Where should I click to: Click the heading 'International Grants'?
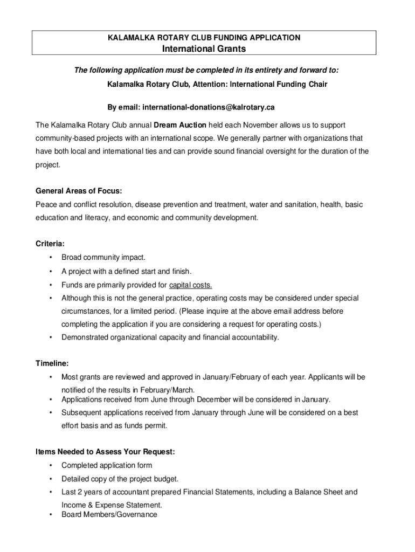point(204,49)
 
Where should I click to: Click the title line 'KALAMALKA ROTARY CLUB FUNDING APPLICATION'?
point(204,38)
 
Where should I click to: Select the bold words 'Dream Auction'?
point(180,125)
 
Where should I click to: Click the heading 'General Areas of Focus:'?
point(79,191)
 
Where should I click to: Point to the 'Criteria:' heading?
point(50,244)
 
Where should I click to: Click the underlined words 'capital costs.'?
point(190,285)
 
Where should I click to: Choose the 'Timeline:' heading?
point(52,363)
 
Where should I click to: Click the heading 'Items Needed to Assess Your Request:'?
point(105,451)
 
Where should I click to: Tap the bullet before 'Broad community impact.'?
point(51,258)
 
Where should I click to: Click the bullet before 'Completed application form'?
point(51,465)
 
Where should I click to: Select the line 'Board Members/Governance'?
point(109,514)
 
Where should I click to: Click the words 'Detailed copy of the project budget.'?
point(120,479)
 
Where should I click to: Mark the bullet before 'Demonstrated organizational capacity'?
point(51,337)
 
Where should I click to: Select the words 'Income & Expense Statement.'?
point(112,505)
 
